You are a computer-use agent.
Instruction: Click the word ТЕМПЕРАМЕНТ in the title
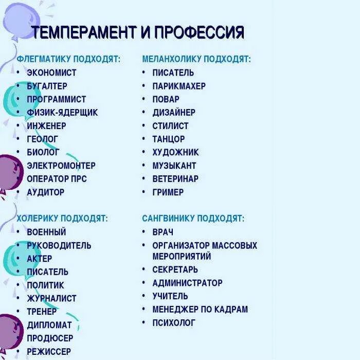(x=84, y=33)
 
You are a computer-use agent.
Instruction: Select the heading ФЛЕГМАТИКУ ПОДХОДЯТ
(x=68, y=59)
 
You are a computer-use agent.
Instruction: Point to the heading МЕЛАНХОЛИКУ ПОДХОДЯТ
(x=196, y=59)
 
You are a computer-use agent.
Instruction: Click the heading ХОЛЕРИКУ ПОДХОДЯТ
(x=62, y=219)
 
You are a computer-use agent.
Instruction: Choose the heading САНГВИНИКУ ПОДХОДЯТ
(x=193, y=219)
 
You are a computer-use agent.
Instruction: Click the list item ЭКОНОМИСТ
(x=51, y=73)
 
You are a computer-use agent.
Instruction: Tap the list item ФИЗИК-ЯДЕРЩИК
(x=62, y=112)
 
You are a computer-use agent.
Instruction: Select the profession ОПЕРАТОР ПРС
(x=57, y=179)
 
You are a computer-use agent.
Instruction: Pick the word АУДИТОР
(x=46, y=192)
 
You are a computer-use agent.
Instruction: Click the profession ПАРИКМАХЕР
(x=179, y=86)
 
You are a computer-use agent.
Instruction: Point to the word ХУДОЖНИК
(x=175, y=152)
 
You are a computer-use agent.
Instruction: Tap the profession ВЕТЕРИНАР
(x=175, y=179)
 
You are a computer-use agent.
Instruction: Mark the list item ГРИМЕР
(x=168, y=192)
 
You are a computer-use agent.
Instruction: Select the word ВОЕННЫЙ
(x=46, y=232)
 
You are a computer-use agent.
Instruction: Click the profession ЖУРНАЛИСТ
(x=51, y=298)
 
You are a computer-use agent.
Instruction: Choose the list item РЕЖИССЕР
(x=49, y=352)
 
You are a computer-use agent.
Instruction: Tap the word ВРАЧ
(x=163, y=232)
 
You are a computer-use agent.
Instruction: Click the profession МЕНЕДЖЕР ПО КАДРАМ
(x=200, y=310)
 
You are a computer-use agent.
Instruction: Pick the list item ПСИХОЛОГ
(x=174, y=323)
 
